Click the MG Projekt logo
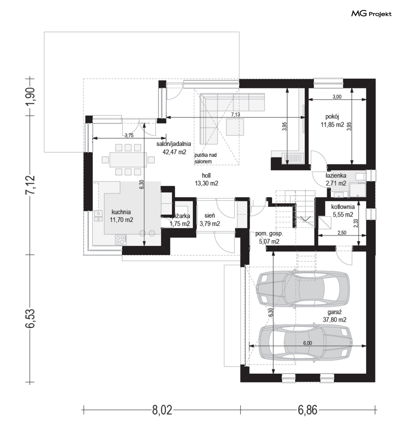(371, 13)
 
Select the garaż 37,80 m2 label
(334, 316)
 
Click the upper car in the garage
(302, 289)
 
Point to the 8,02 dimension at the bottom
(162, 410)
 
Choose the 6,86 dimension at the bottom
(307, 410)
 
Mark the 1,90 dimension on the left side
(31, 96)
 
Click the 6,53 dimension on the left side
(31, 318)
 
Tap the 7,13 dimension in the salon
(235, 114)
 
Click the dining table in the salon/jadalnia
(128, 160)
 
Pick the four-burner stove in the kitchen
(120, 240)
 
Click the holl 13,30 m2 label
(206, 179)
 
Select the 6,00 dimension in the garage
(307, 343)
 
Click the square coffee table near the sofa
(235, 127)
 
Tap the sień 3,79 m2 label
(210, 220)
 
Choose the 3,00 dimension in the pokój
(337, 97)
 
